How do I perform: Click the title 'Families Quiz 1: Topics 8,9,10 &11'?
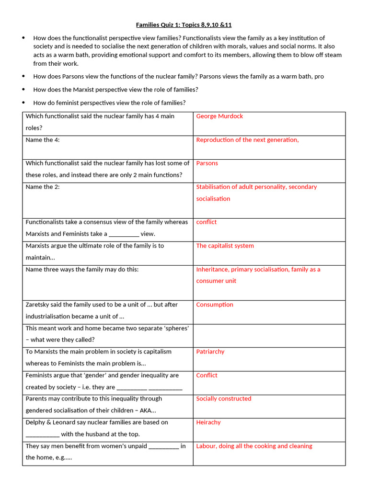[184, 24]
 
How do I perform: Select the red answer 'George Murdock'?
[219, 116]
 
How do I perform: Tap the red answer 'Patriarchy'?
[210, 351]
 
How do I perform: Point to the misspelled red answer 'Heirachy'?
[208, 422]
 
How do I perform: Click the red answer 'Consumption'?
[215, 304]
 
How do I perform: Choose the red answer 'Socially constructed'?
[223, 398]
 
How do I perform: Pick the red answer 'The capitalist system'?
[225, 245]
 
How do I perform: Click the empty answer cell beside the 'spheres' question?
[269, 336]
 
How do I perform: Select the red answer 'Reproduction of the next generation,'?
[247, 140]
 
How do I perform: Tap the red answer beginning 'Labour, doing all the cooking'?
[254, 446]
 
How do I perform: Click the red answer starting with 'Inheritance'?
[258, 269]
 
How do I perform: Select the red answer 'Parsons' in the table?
[207, 163]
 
